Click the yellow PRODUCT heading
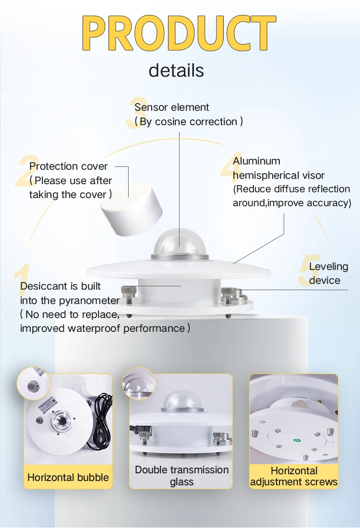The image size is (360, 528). [179, 33]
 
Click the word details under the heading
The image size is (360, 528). [176, 70]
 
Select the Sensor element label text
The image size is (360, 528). [172, 107]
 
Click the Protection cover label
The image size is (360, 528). [69, 166]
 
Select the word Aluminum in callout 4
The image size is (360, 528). [257, 161]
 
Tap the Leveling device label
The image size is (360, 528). [328, 273]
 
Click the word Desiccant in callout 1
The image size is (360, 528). [41, 286]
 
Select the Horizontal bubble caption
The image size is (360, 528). [68, 477]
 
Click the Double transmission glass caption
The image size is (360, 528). [181, 476]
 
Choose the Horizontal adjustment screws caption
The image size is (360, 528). [294, 476]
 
